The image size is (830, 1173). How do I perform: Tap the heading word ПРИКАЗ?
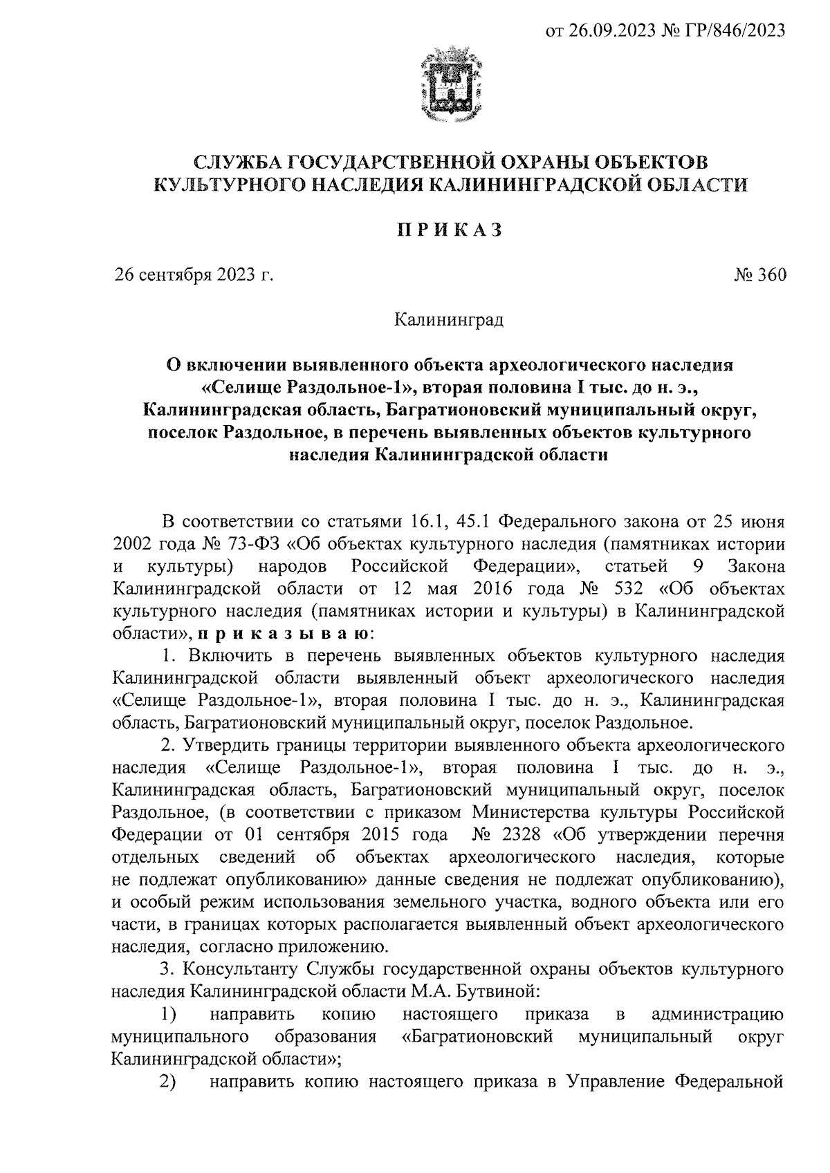pyautogui.click(x=448, y=230)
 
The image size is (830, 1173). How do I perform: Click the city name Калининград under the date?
pyautogui.click(x=448, y=320)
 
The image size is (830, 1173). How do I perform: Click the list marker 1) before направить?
pyautogui.click(x=168, y=1014)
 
